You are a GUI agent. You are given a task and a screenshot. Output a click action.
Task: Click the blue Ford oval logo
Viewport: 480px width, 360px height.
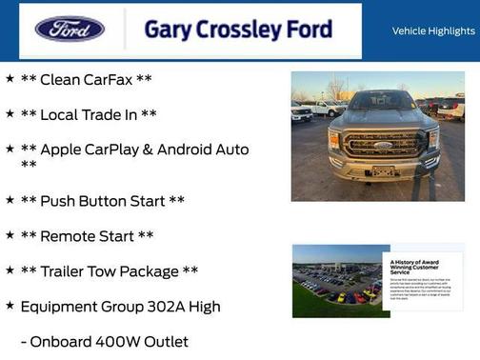point(70,29)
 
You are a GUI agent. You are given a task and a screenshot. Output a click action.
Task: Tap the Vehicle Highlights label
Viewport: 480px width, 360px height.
point(433,30)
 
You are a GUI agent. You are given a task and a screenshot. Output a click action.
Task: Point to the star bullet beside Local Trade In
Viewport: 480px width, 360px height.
point(10,114)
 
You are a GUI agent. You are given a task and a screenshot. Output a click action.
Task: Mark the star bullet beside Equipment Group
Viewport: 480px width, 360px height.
point(10,306)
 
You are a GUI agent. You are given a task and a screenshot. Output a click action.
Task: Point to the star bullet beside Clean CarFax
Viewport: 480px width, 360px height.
point(10,79)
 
